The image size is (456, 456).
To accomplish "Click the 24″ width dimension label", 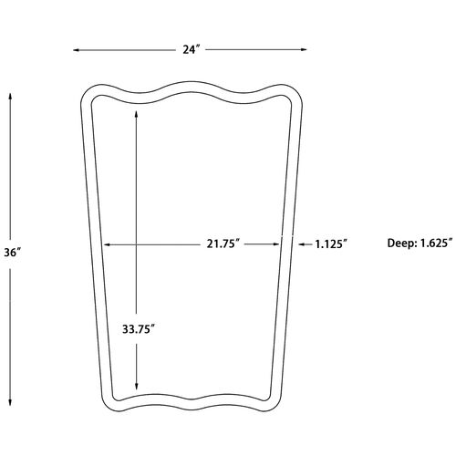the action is (x=191, y=49).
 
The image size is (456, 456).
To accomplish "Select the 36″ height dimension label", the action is (x=13, y=253).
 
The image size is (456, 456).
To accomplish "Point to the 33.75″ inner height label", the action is (x=139, y=329).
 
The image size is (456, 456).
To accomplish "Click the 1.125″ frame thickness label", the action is (x=331, y=244).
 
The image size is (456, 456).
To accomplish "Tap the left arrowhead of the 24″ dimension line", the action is (x=77, y=50).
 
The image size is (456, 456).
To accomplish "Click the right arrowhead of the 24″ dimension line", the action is (x=304, y=49).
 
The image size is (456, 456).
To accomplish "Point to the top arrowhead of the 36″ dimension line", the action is (x=10, y=98).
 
